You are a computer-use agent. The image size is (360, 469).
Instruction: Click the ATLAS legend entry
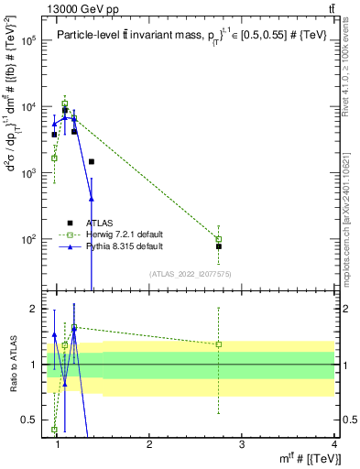(99, 222)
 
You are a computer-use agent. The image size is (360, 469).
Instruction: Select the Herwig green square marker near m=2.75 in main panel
(219, 238)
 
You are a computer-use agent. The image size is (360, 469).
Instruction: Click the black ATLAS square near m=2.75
(219, 246)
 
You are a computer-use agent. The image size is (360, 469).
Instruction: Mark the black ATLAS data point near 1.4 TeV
(92, 162)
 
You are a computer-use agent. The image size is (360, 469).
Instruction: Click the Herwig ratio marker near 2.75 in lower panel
(219, 344)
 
